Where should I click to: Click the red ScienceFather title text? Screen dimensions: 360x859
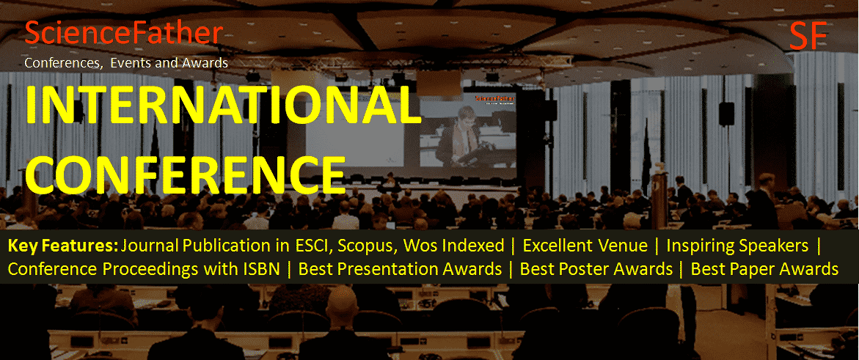coord(123,33)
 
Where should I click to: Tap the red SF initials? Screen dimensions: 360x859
coord(808,37)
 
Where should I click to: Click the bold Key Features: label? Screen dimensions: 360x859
coord(63,246)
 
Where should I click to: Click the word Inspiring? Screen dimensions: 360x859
coord(701,246)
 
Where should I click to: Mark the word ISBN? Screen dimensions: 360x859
coord(257,269)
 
